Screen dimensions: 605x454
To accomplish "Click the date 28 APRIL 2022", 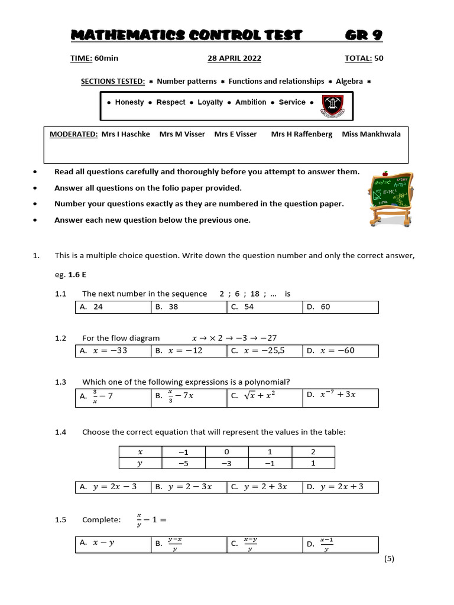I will (x=234, y=58).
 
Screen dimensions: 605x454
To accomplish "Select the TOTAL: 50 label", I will (x=364, y=58).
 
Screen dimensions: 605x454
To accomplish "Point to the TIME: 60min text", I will (x=91, y=58).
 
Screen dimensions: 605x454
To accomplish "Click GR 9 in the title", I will (x=364, y=35).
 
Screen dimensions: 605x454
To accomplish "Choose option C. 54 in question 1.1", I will (x=242, y=307).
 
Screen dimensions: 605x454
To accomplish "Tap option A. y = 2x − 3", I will (x=108, y=487).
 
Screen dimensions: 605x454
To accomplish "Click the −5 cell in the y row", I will (x=183, y=464).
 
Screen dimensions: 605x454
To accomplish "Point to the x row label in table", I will (x=140, y=452).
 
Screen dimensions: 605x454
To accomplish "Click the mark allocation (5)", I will (x=388, y=560).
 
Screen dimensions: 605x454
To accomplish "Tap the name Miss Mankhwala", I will (x=371, y=134).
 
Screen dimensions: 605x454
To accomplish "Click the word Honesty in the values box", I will (x=129, y=102).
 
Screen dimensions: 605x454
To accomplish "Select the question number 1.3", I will (x=60, y=382).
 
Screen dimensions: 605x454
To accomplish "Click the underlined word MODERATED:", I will (x=73, y=134).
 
